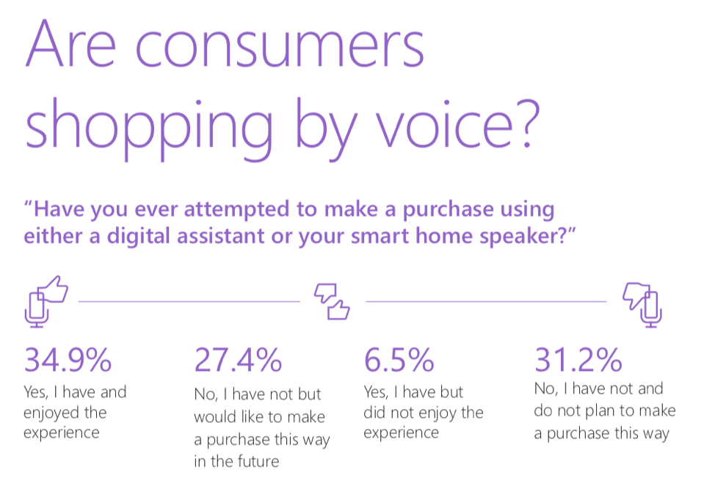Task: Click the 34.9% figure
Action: pyautogui.click(x=68, y=360)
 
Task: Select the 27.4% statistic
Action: pyautogui.click(x=238, y=360)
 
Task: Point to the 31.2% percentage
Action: pyautogui.click(x=578, y=360)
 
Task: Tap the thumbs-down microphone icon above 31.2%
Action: pyautogui.click(x=643, y=302)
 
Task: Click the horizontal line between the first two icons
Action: pyautogui.click(x=189, y=300)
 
